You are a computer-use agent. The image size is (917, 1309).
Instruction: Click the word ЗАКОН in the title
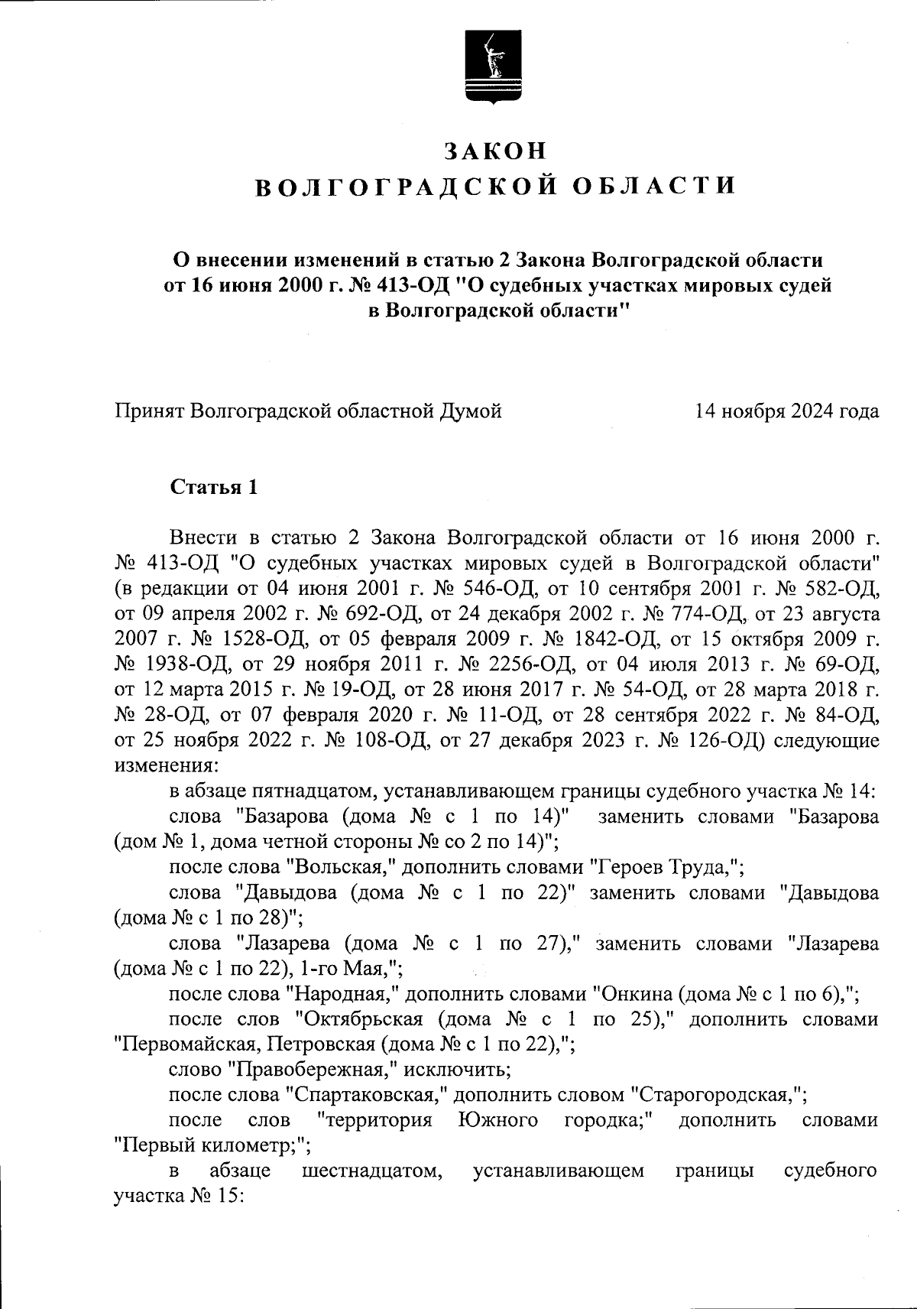click(496, 151)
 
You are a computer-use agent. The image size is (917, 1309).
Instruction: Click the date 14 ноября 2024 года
click(786, 411)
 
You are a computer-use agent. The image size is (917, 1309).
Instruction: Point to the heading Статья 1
click(213, 488)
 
